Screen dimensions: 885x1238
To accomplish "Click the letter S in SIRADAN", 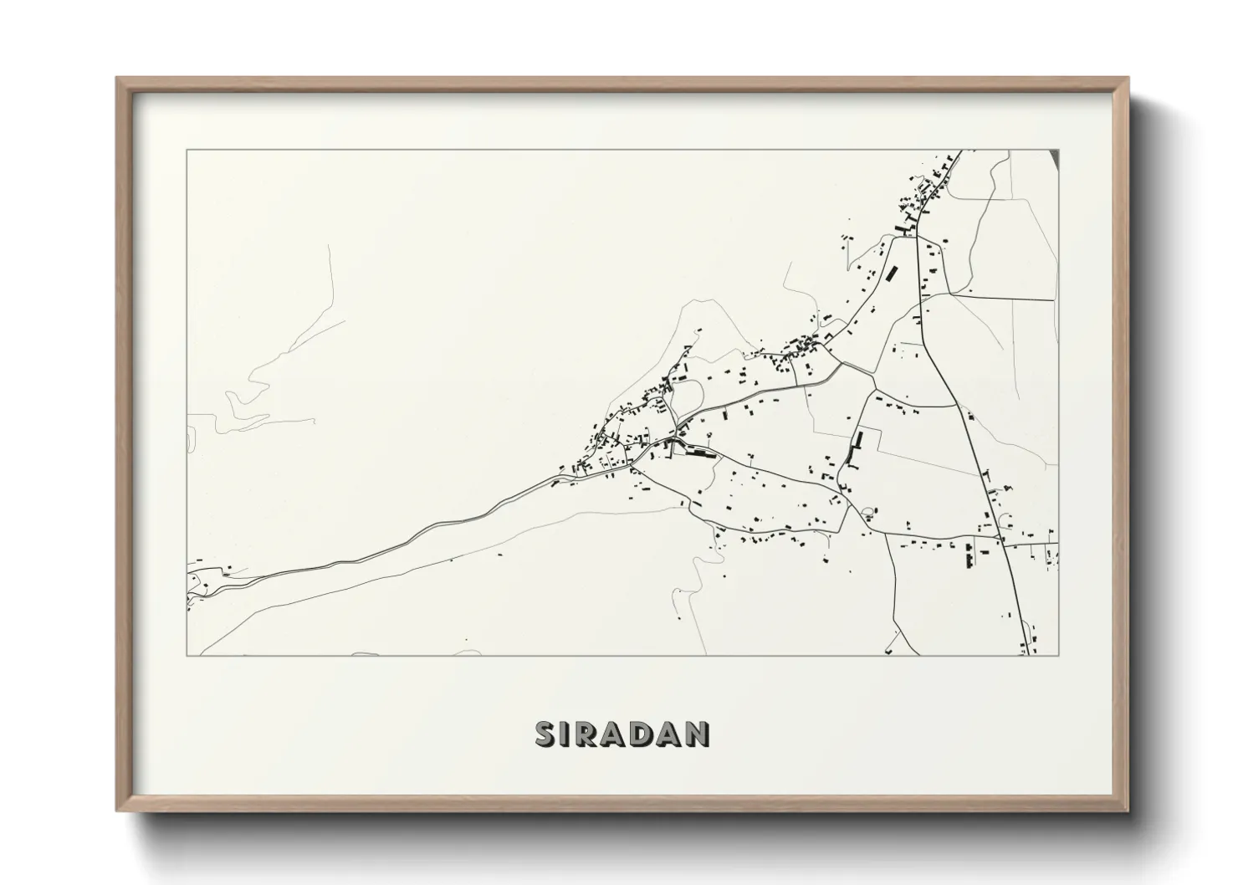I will pyautogui.click(x=545, y=734).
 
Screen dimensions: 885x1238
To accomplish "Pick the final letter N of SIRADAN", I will pyautogui.click(x=698, y=734).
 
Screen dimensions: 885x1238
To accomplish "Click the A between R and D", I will pyautogui.click(x=614, y=734).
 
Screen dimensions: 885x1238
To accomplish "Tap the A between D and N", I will pyautogui.click(x=670, y=734).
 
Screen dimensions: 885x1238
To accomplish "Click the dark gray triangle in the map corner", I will pyautogui.click(x=1054, y=156).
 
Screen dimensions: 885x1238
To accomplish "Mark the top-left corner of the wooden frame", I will pyautogui.click(x=117, y=79).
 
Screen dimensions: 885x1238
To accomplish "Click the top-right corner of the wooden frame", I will pyautogui.click(x=1128, y=79).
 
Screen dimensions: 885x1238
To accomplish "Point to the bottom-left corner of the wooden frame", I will pyautogui.click(x=117, y=811).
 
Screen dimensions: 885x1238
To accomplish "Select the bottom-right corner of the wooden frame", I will pyautogui.click(x=1128, y=811).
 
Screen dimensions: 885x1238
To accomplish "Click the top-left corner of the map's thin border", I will pyautogui.click(x=187, y=151).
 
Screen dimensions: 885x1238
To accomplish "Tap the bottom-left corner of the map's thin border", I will pyautogui.click(x=187, y=655).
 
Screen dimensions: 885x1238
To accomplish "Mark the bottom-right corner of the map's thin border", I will pyautogui.click(x=1059, y=655).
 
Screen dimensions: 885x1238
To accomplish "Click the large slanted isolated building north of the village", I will pyautogui.click(x=892, y=274).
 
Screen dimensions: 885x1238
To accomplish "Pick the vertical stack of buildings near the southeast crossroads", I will pyautogui.click(x=969, y=555).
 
